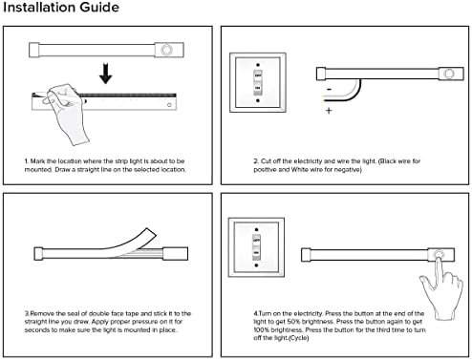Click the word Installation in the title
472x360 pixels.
pyautogui.click(x=39, y=7)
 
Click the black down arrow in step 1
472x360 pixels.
pyautogui.click(x=106, y=74)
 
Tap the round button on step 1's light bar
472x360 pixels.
pyautogui.click(x=166, y=50)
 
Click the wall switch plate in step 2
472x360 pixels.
pyautogui.click(x=258, y=83)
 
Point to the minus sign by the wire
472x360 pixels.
pyautogui.click(x=330, y=90)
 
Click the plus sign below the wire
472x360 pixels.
pyautogui.click(x=329, y=111)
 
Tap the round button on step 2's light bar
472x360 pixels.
pyautogui.click(x=449, y=74)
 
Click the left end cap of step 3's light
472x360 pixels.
pyautogui.click(x=38, y=254)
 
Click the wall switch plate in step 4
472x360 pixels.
pyautogui.click(x=256, y=247)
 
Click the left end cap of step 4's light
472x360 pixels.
pyautogui.click(x=306, y=255)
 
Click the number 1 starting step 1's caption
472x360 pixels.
pyautogui.click(x=26, y=161)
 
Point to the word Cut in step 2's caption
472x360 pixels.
pyautogui.click(x=266, y=161)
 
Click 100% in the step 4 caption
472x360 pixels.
pyautogui.click(x=261, y=329)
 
